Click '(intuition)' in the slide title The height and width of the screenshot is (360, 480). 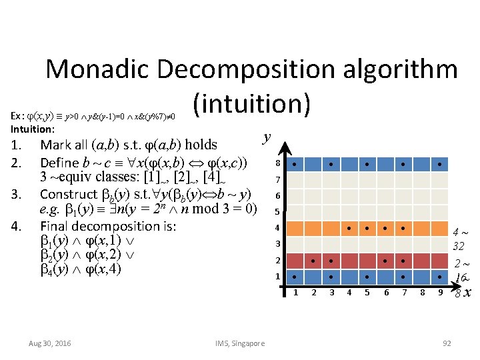[x=251, y=103]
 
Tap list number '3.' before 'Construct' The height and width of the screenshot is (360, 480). [x=19, y=195]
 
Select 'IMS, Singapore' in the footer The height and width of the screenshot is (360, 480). [x=239, y=343]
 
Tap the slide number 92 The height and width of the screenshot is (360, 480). [x=446, y=343]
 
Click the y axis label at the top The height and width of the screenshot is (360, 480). [x=267, y=137]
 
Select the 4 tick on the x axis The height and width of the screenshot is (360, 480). [x=349, y=292]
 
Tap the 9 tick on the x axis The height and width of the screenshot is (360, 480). [x=440, y=292]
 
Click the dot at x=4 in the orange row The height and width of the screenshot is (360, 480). [x=349, y=227]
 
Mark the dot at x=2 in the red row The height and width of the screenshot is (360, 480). [x=313, y=259]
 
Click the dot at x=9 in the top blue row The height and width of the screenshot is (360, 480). [x=440, y=163]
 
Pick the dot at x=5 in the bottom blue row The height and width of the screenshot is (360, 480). [x=367, y=275]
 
